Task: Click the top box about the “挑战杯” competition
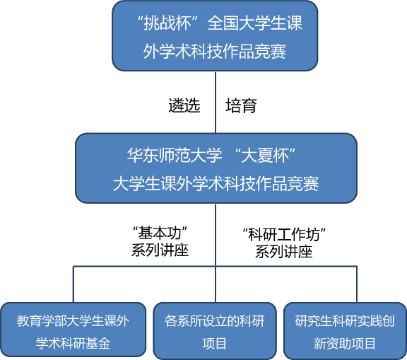[215, 36]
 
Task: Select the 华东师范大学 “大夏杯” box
[216, 168]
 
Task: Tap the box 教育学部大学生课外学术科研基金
[73, 330]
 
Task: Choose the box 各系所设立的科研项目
[215, 330]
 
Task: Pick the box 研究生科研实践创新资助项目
[345, 330]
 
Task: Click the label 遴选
[184, 105]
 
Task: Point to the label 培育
[242, 105]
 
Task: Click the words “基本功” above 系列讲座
[160, 233]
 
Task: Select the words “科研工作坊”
[284, 235]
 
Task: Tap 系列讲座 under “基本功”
[160, 250]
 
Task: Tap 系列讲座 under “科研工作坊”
[284, 252]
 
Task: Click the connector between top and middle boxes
[216, 103]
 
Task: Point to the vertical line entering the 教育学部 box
[73, 284]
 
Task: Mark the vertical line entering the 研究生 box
[357, 284]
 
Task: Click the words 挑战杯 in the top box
[167, 23]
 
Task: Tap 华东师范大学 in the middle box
[175, 156]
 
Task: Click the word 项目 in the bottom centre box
[214, 343]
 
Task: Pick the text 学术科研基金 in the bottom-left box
[73, 343]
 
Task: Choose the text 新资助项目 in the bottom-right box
[345, 343]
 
